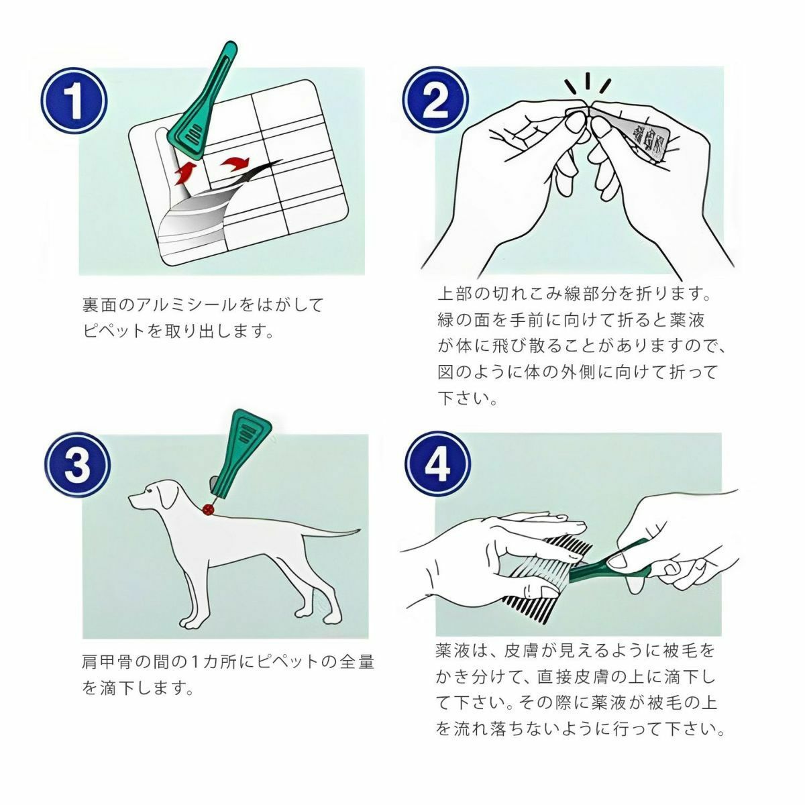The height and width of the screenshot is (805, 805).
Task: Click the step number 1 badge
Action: tap(74, 101)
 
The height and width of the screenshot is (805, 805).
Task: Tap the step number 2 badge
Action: tap(435, 100)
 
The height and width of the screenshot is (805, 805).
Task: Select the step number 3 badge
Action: tap(77, 465)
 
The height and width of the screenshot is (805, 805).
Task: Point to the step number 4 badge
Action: tap(437, 464)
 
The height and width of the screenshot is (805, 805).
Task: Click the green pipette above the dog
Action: tap(239, 453)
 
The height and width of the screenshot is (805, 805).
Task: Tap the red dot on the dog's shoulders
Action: tap(207, 508)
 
